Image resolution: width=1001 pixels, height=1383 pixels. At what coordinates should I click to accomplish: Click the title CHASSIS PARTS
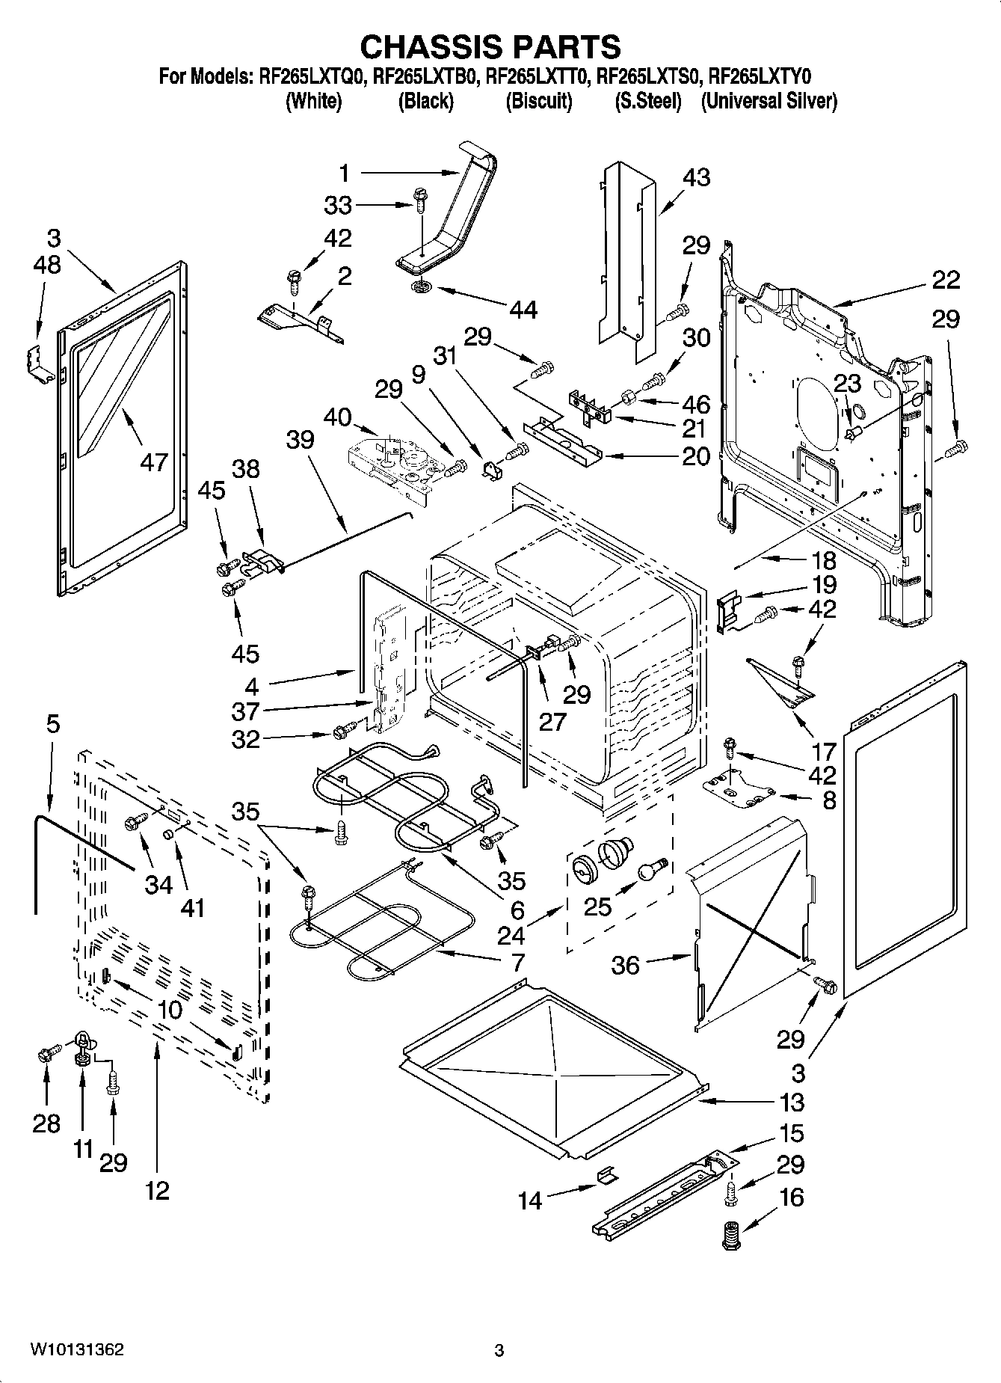[x=490, y=46]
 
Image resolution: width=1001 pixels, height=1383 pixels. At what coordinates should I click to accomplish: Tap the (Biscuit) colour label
[x=539, y=101]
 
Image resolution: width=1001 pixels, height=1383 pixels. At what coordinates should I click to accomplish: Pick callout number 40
[x=337, y=417]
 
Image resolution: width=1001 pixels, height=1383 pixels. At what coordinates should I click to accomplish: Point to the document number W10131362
[x=77, y=1349]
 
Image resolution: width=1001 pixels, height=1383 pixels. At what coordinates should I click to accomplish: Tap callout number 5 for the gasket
[x=52, y=724]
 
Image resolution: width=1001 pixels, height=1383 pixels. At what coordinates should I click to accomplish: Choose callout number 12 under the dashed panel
[x=157, y=1190]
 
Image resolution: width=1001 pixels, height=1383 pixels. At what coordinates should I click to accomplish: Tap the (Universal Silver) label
[x=769, y=101]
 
